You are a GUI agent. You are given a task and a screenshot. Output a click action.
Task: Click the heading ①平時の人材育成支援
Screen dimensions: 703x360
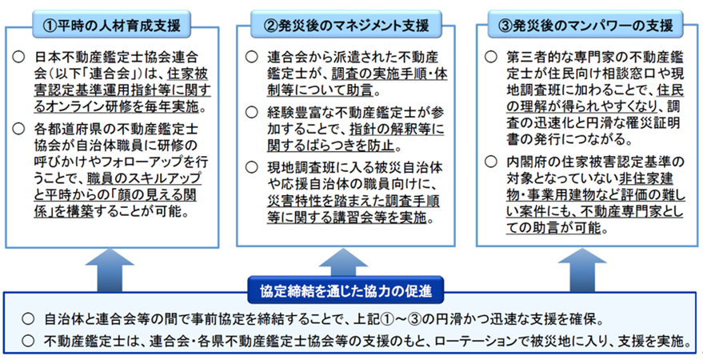tap(112, 25)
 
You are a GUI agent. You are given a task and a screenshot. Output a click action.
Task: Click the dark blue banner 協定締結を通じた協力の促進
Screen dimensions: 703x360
tap(346, 292)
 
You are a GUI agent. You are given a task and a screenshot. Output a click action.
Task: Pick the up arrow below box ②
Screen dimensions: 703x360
tap(343, 265)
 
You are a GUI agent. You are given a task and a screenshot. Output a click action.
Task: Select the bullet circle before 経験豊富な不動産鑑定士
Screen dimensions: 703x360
tap(251, 112)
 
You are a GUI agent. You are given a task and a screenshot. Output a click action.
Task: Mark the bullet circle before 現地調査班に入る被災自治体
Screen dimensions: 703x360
tap(251, 167)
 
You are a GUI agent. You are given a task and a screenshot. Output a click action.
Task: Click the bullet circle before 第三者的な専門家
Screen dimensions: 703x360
tap(491, 57)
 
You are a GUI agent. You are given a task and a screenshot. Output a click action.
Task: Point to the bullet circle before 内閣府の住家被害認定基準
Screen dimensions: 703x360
tap(491, 161)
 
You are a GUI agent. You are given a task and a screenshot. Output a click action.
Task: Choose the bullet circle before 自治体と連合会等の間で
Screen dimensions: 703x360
tap(28, 319)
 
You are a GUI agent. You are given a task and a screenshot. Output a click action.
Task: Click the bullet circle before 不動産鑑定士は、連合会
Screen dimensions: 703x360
tap(28, 341)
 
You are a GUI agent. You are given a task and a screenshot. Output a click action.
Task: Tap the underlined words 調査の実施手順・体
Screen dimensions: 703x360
tap(389, 74)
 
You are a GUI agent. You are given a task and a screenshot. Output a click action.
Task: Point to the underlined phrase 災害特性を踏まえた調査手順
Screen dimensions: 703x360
tap(353, 200)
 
